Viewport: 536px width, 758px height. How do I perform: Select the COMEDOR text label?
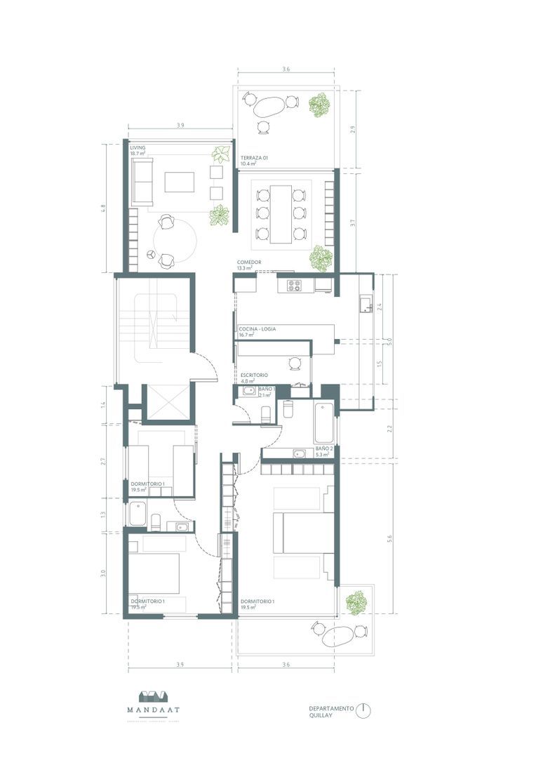click(x=249, y=262)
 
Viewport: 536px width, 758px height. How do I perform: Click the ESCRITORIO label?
click(x=253, y=376)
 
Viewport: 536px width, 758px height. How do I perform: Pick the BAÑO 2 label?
click(x=323, y=448)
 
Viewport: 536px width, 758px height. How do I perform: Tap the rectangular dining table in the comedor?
click(x=281, y=214)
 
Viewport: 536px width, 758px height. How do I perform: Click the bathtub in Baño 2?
click(x=323, y=423)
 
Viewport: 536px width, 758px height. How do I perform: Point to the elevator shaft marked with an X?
click(x=166, y=404)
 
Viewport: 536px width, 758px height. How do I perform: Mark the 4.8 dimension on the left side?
click(x=103, y=208)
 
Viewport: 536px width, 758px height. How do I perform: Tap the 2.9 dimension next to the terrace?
click(x=352, y=128)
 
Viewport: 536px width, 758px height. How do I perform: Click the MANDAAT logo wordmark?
click(x=153, y=710)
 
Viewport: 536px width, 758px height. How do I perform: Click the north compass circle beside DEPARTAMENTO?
click(x=363, y=710)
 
